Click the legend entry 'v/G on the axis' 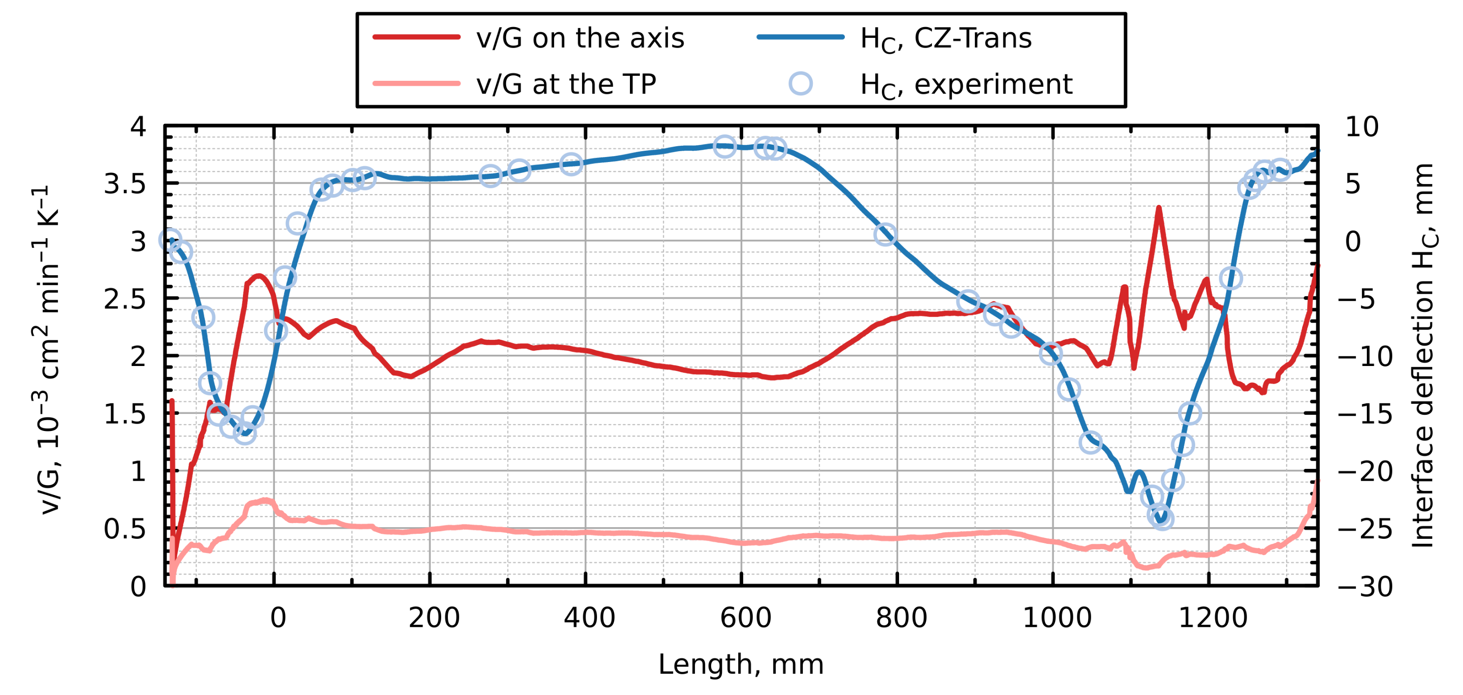tap(579, 38)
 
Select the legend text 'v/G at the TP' tap(566, 84)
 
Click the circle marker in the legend tap(800, 83)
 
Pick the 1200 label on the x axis tap(1212, 618)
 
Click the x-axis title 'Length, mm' tap(741, 664)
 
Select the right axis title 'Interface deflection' tap(1423, 356)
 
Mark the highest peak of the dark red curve tap(1159, 208)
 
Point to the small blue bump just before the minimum tap(1138, 473)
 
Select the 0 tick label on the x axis tap(278, 618)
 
